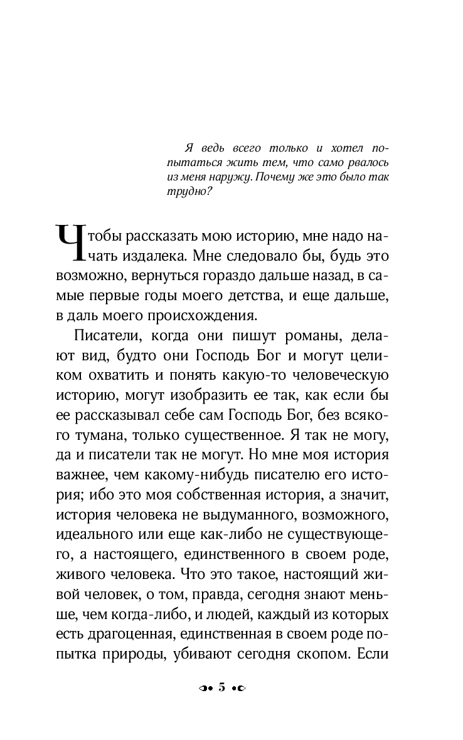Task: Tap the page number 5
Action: pos(221,688)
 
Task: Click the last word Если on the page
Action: pos(373,652)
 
